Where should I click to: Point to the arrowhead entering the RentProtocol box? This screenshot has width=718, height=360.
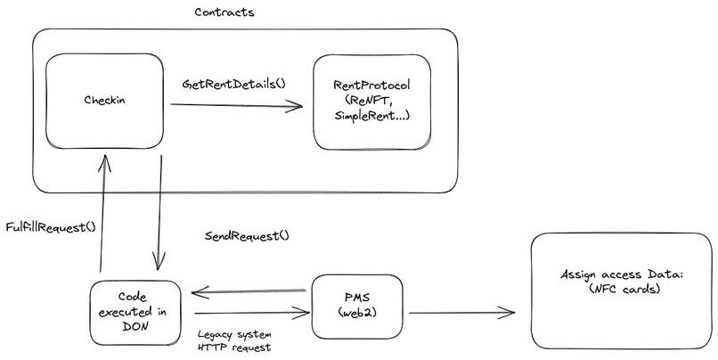point(297,107)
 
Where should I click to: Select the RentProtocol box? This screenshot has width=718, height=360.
point(371,102)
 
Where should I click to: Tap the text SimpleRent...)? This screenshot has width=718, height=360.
point(371,117)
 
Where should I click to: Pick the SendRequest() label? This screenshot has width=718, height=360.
point(247,237)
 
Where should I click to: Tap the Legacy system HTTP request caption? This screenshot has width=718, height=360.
point(234,341)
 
